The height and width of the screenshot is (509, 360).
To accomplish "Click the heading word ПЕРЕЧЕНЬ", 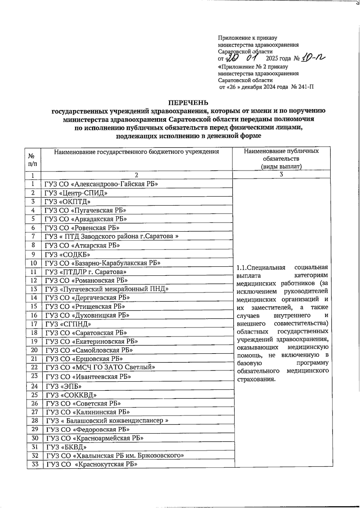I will click(x=188, y=103).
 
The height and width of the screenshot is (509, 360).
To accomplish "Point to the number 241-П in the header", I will click(x=305, y=87).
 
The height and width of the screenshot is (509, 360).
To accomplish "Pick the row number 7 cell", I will click(x=33, y=236).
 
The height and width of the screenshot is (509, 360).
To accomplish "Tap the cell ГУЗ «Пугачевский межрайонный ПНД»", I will click(x=107, y=289).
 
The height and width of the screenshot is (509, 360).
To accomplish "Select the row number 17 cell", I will click(x=34, y=324).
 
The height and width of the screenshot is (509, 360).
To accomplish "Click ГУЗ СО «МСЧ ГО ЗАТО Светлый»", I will click(x=100, y=367).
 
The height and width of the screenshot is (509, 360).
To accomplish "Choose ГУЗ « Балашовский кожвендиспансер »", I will click(x=107, y=420).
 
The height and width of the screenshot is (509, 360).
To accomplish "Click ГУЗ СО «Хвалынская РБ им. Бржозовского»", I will click(x=115, y=455).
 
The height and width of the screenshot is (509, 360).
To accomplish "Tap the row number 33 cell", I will click(x=35, y=464).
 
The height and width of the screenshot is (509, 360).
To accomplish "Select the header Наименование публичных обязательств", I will click(x=281, y=158).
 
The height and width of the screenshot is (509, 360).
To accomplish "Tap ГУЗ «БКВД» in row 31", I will click(x=66, y=447).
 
